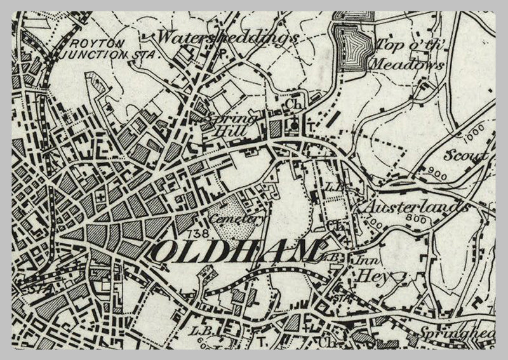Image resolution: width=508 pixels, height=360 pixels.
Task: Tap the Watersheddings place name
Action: (227, 37)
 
